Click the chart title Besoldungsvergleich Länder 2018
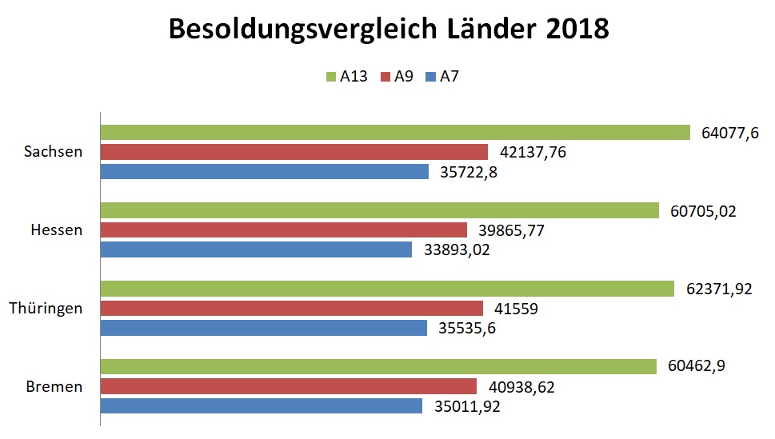point(388,30)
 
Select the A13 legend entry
point(347,77)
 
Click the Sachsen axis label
point(53,151)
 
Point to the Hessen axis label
point(56,229)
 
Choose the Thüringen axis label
point(46,308)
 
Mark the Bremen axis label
point(54,386)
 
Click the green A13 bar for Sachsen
point(394,133)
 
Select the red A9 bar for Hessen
point(283,230)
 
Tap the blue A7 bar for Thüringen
point(265,328)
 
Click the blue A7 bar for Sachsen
point(265,171)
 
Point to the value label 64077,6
point(729,134)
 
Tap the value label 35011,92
point(469,406)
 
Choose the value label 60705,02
point(702,211)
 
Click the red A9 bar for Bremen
point(288,387)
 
